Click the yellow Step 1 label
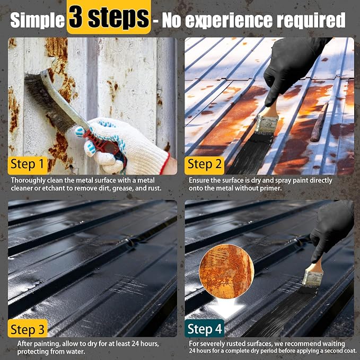click(x=28, y=164)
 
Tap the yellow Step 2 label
click(x=204, y=164)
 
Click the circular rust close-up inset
click(x=226, y=271)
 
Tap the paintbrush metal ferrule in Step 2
click(x=267, y=124)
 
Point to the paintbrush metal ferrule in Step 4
click(x=312, y=279)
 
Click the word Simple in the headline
click(x=38, y=20)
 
